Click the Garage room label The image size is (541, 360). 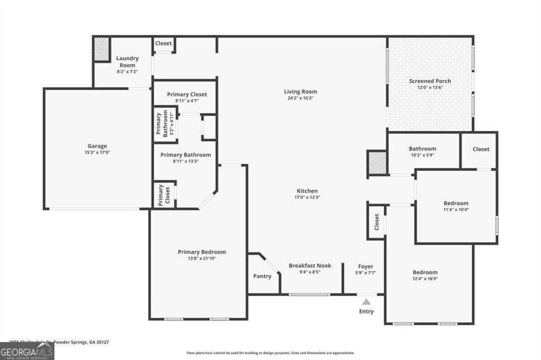tap(97, 146)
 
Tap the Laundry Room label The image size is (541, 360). tap(127, 62)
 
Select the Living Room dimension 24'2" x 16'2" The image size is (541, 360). tap(300, 98)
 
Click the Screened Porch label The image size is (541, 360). tap(430, 81)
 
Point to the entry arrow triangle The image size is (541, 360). tap(366, 301)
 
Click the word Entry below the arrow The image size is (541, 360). tap(366, 311)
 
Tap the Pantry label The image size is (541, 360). tap(263, 276)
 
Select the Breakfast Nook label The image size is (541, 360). tap(310, 266)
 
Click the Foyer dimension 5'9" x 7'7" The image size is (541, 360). tap(366, 273)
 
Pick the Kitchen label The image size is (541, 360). tap(307, 191)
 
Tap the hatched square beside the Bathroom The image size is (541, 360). tap(377, 163)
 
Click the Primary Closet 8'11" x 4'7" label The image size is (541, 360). tap(184, 101)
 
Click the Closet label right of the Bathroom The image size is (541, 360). tap(481, 149)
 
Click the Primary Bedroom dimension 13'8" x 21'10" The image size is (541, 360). tap(201, 259)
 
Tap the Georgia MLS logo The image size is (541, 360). tap(27, 351)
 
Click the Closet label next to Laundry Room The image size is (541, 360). tap(163, 43)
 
